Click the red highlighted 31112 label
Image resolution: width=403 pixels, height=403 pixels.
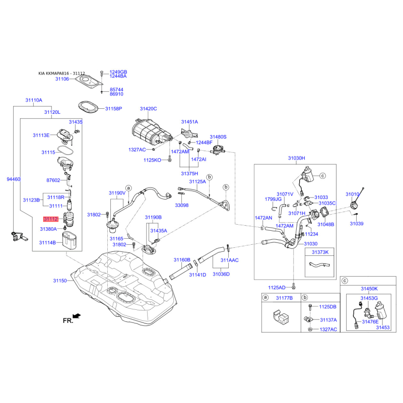[x=51, y=219]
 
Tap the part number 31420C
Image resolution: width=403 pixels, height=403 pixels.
[x=148, y=109]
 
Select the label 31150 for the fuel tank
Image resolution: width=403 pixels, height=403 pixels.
[x=60, y=281]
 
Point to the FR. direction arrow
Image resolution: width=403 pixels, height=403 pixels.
[x=77, y=316]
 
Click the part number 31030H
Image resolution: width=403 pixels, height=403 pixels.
[x=297, y=158]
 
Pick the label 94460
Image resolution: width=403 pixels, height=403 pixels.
[x=14, y=179]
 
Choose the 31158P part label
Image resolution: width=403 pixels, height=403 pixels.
[x=113, y=109]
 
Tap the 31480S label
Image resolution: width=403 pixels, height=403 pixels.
[x=218, y=137]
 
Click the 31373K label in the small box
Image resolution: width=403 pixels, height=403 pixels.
[x=319, y=251]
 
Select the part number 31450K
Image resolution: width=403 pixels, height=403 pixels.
[x=369, y=289]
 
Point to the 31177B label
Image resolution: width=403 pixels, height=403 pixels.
[x=284, y=298]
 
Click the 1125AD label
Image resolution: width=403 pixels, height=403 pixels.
[x=277, y=287]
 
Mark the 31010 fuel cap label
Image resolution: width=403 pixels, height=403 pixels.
[x=352, y=194]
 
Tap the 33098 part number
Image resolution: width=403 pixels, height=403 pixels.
[x=181, y=205]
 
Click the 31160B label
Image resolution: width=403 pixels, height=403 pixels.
[x=182, y=260]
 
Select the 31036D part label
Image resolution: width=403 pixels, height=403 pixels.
[x=221, y=275]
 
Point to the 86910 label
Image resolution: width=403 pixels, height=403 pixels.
[x=117, y=94]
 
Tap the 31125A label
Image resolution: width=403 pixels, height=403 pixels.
[x=197, y=181]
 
